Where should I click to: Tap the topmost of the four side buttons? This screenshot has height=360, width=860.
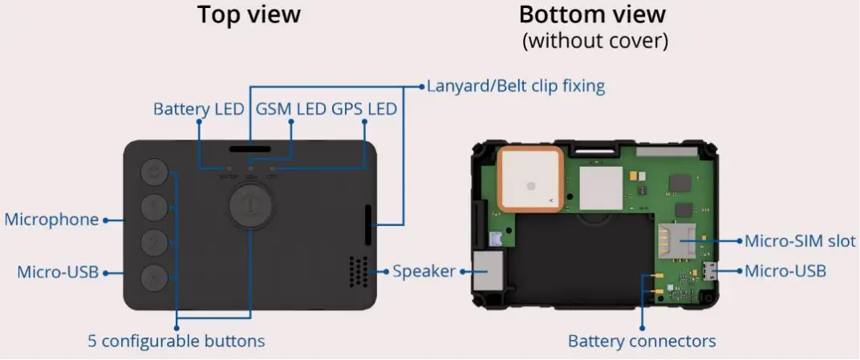tap(155, 171)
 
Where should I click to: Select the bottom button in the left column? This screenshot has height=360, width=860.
tap(155, 277)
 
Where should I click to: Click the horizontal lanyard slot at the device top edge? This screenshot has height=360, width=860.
tap(250, 149)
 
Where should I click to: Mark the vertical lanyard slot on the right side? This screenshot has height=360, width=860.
tap(368, 225)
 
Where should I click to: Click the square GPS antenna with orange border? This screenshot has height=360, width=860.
tap(529, 181)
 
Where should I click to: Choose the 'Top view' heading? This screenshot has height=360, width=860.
tap(249, 14)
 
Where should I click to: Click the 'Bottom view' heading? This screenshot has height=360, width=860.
tap(592, 14)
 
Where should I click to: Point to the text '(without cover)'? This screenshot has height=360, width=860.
tap(594, 41)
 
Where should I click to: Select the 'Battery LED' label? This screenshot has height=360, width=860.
tap(198, 109)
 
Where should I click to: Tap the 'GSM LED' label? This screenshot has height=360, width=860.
tap(290, 109)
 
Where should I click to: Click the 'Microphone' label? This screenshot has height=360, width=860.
tap(51, 220)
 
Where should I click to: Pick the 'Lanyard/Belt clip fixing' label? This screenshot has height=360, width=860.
tap(516, 86)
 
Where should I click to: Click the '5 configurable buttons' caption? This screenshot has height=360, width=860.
tap(176, 341)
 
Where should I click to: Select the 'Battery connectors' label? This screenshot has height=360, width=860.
tap(642, 341)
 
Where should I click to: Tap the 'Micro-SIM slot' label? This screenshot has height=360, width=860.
tap(800, 241)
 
